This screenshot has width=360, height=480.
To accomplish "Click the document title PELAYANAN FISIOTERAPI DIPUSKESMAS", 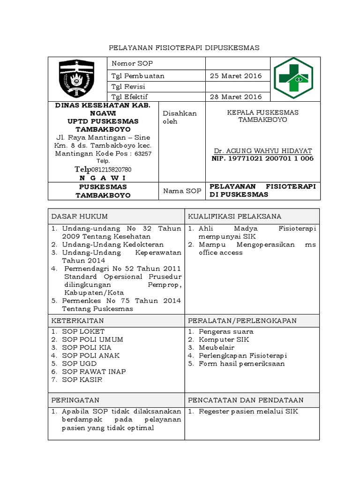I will [x=184, y=48].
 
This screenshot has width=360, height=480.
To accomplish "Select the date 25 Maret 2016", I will [x=236, y=76].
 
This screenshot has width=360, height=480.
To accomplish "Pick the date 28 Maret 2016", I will [x=236, y=97].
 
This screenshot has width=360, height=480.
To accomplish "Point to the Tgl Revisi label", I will [x=128, y=87].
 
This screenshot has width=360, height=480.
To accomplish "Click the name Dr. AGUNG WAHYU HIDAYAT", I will [x=262, y=151].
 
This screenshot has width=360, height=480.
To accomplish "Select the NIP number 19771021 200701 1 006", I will [x=262, y=158].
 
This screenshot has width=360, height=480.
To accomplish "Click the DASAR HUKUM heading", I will [x=80, y=216].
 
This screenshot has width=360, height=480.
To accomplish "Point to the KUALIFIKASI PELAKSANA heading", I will [x=234, y=216].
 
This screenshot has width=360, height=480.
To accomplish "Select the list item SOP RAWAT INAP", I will [x=88, y=372].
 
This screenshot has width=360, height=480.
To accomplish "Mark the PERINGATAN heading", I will [x=75, y=400].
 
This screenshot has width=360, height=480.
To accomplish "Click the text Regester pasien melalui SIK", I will [x=248, y=412].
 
